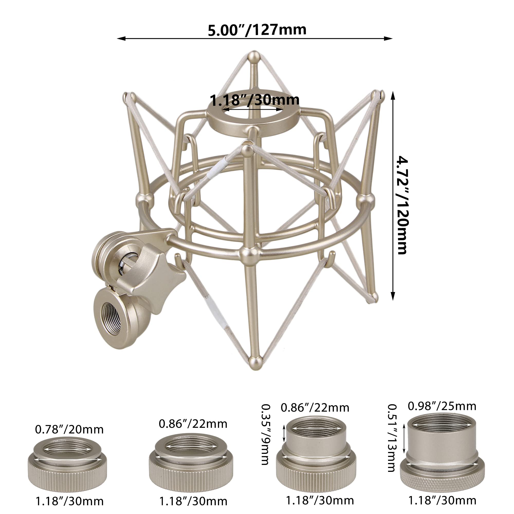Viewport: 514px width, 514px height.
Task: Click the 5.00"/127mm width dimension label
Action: pyautogui.click(x=257, y=30)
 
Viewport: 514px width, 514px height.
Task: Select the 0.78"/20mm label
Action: pyautogui.click(x=69, y=430)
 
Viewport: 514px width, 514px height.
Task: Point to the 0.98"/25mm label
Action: pyautogui.click(x=442, y=406)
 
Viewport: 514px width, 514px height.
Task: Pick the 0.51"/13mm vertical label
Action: pyautogui.click(x=392, y=438)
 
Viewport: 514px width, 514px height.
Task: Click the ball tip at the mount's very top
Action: pyautogui.click(x=254, y=57)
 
